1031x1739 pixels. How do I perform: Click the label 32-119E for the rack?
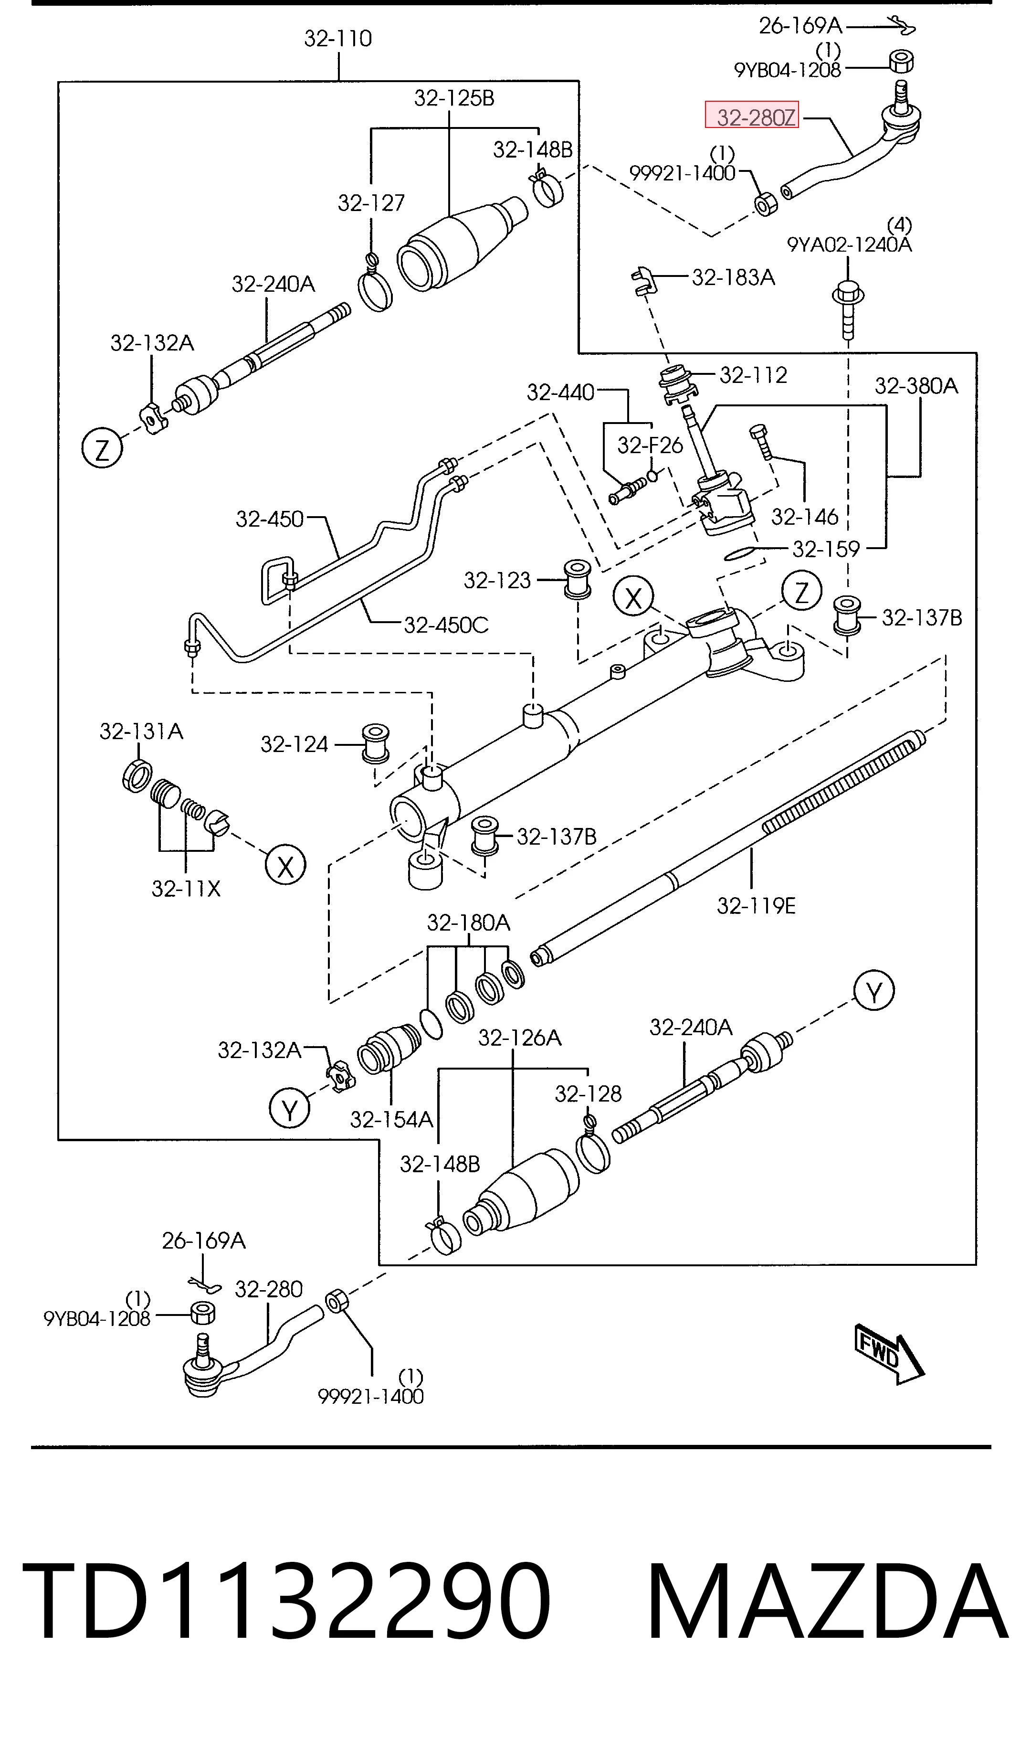click(756, 906)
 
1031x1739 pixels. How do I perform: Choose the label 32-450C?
click(446, 626)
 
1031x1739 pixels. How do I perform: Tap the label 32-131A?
click(141, 731)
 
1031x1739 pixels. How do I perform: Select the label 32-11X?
click(186, 889)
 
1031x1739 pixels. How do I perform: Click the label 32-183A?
click(733, 277)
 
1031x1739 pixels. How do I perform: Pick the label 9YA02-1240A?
click(849, 244)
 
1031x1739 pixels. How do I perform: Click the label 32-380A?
click(915, 386)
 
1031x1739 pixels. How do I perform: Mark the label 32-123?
click(497, 580)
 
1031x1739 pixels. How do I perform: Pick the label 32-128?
click(588, 1094)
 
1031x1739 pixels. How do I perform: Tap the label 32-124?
click(294, 744)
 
